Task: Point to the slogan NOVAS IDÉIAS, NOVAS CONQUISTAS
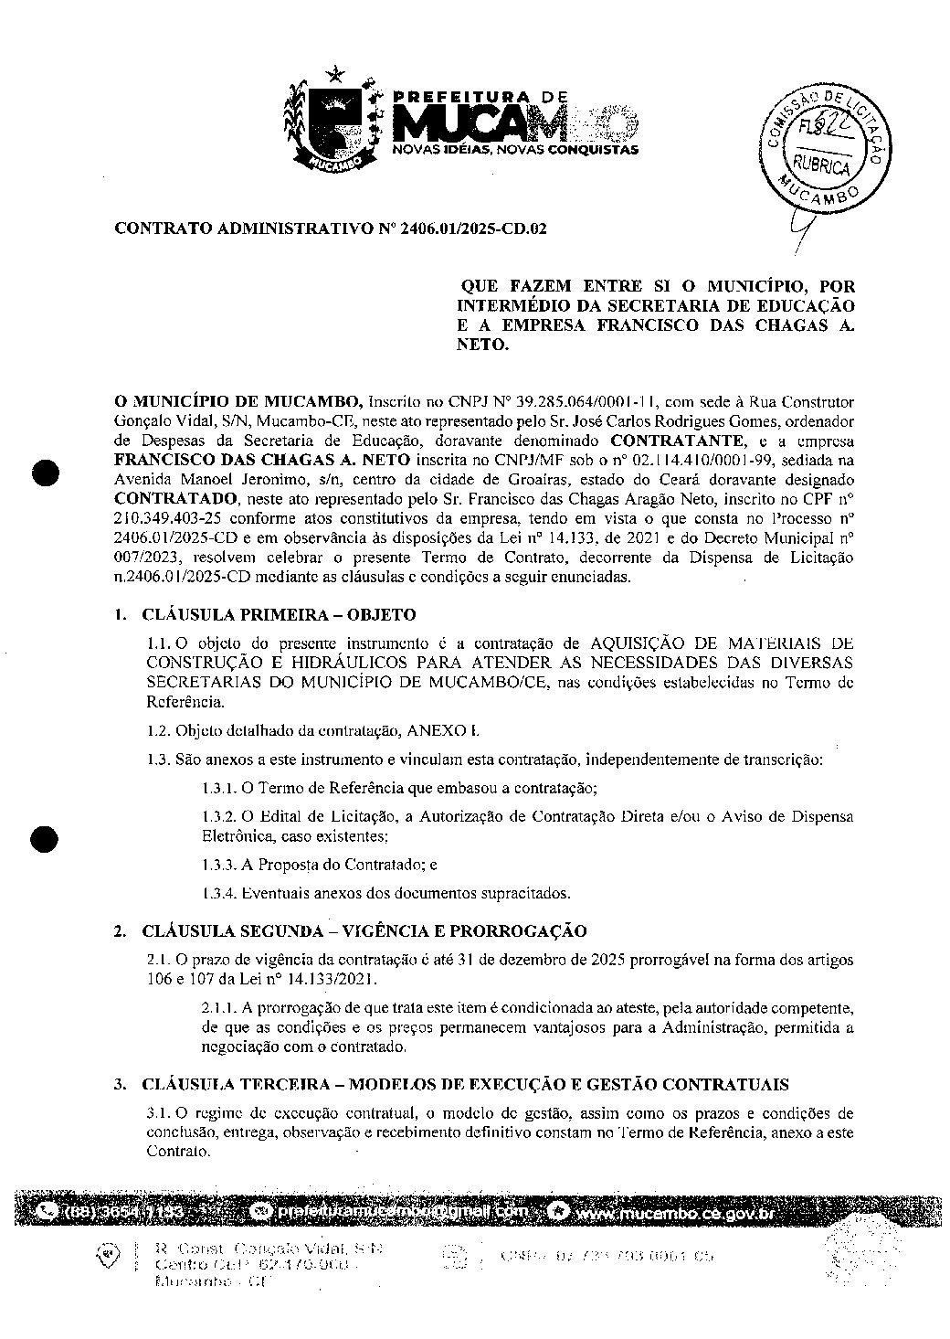tap(514, 149)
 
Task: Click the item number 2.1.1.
tap(219, 1007)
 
